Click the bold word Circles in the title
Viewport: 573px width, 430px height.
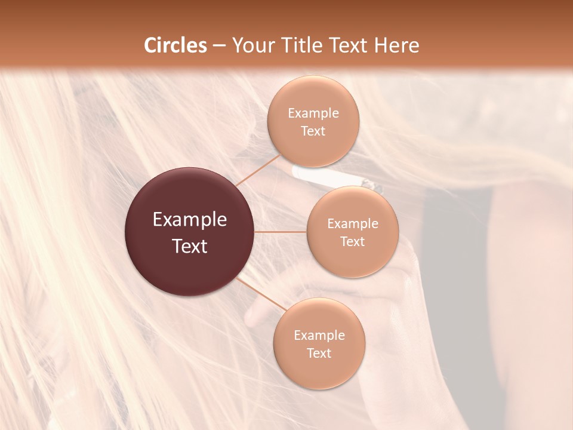pyautogui.click(x=175, y=45)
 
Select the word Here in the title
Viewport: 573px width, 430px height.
pyautogui.click(x=396, y=45)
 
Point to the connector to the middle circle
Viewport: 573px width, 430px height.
pyautogui.click(x=281, y=232)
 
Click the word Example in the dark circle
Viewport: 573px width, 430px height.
pyautogui.click(x=190, y=220)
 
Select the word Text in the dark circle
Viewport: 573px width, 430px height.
pyautogui.click(x=190, y=246)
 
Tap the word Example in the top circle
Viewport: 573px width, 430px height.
pyautogui.click(x=313, y=113)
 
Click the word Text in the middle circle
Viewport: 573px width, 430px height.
pyautogui.click(x=352, y=242)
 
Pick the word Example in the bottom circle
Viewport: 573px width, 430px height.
pyautogui.click(x=319, y=336)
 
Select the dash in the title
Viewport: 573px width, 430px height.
pyautogui.click(x=219, y=45)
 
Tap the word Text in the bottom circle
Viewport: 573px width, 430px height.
pyautogui.click(x=319, y=354)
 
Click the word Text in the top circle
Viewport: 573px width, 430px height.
pyautogui.click(x=313, y=131)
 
